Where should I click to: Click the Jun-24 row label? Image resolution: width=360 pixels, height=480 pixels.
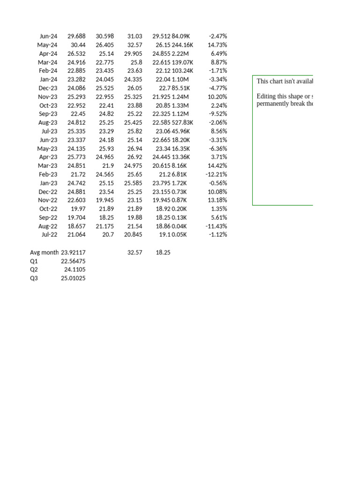click(49, 36)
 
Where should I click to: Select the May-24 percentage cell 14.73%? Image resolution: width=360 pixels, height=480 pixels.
click(217, 45)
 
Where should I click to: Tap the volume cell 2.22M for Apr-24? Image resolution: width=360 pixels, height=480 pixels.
click(180, 53)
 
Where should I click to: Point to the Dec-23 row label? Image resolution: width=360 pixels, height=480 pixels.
click(48, 88)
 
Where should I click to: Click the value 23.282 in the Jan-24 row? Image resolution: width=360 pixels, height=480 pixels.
click(76, 79)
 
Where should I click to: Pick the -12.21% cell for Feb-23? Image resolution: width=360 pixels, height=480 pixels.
click(216, 174)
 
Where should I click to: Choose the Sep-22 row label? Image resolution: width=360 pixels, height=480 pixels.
click(48, 217)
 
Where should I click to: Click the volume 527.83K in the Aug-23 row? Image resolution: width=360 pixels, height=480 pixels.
click(182, 123)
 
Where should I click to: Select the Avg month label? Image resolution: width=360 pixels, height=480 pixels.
click(44, 252)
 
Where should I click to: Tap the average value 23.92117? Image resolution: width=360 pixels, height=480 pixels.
click(73, 252)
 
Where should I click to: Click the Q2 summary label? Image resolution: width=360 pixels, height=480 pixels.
click(34, 270)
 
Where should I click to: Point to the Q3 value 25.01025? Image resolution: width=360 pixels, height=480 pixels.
click(73, 278)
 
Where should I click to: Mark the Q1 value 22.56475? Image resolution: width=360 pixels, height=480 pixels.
click(73, 261)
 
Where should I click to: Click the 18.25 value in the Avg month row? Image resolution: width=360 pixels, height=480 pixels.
click(163, 252)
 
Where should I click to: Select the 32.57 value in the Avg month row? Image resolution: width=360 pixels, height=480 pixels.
click(135, 252)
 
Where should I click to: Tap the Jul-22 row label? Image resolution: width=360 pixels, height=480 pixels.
click(49, 235)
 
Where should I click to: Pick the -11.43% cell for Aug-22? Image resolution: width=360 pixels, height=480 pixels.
click(216, 226)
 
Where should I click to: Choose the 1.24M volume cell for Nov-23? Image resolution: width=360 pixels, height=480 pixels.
click(180, 97)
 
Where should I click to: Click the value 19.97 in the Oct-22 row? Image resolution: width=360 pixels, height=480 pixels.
click(78, 209)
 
